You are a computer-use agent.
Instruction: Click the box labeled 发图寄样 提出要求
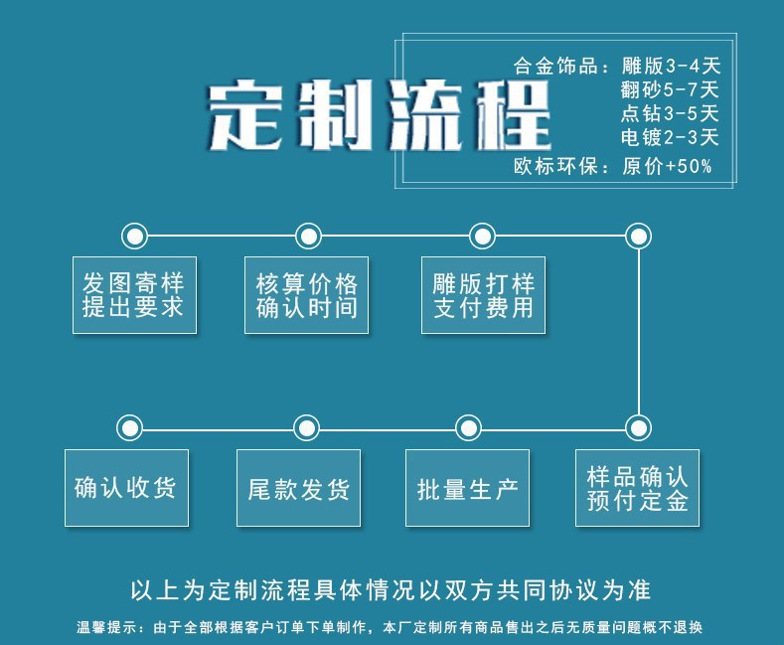134,294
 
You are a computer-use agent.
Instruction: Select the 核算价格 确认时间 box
306,294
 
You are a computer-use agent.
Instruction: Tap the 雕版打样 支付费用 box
483,294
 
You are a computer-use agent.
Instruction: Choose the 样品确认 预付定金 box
637,487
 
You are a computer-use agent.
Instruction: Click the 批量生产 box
467,488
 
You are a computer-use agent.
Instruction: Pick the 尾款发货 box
298,488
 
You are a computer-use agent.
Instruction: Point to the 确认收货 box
126,487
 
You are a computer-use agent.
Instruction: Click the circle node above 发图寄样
134,236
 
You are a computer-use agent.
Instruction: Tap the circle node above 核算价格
309,236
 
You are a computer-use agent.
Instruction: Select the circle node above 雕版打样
482,236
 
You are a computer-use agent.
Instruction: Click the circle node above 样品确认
638,428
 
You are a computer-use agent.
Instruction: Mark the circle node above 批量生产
468,428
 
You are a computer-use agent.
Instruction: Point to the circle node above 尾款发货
307,428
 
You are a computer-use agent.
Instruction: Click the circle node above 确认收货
129,428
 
